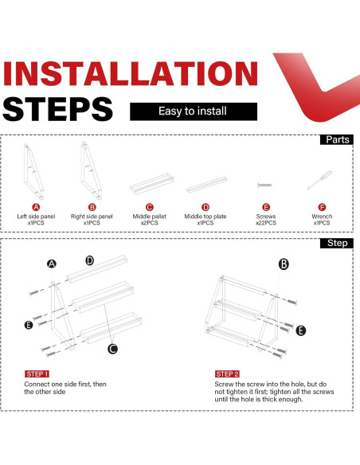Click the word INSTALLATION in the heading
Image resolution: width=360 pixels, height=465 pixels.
[x=131, y=73]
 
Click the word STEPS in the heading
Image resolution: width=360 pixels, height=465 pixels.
[x=58, y=109]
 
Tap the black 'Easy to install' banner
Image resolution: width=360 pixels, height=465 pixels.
[x=194, y=111]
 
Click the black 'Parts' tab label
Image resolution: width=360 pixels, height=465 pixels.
[x=337, y=139]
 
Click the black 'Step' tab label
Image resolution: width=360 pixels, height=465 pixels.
[x=337, y=243]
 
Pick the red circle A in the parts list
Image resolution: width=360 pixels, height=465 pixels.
[x=36, y=207]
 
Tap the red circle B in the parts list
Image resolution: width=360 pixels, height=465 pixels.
[x=92, y=207]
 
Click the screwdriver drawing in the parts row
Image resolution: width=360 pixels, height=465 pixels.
[x=319, y=180]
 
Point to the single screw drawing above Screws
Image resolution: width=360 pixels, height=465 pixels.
[x=264, y=185]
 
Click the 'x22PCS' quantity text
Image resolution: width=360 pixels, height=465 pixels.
[x=266, y=223]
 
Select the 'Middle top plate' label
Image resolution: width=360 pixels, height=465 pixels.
[x=205, y=217]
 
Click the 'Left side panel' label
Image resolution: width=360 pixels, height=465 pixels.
[x=36, y=217]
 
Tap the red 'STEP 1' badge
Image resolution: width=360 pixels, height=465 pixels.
[x=37, y=374]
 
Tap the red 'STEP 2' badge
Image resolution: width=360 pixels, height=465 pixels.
[x=227, y=374]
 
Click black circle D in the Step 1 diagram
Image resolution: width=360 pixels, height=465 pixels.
[x=89, y=260]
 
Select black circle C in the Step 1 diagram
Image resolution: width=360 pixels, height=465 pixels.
[x=112, y=349]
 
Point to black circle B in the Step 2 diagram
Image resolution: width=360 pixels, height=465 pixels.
[x=284, y=264]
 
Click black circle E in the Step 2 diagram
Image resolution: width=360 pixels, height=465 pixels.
[x=301, y=330]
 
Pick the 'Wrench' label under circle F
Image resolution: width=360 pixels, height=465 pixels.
[x=322, y=217]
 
